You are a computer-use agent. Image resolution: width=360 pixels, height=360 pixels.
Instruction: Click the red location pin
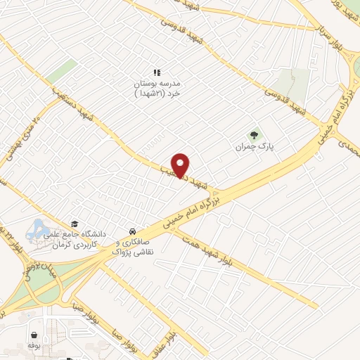pyautogui.click(x=181, y=165)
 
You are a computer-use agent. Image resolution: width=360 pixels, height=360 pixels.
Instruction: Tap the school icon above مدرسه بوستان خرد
pyautogui.click(x=157, y=72)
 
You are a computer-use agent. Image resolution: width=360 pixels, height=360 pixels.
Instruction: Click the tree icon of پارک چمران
pyautogui.click(x=254, y=135)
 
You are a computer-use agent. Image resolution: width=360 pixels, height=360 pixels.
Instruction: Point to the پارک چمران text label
pyautogui.click(x=253, y=148)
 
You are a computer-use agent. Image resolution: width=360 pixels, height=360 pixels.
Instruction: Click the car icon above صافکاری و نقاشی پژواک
pyautogui.click(x=131, y=231)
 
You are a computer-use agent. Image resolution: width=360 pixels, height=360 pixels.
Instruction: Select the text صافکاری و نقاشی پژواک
pyautogui.click(x=131, y=246)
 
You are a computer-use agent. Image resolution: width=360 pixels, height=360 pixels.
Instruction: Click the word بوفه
pyautogui.click(x=33, y=345)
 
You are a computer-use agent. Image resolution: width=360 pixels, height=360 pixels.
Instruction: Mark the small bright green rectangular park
pyautogui.click(x=65, y=70)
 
